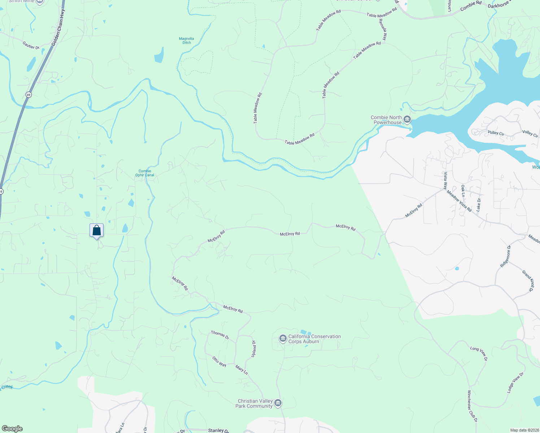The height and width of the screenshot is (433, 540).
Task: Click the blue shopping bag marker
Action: (96, 230)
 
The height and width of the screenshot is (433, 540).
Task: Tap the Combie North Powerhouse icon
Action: (407, 119)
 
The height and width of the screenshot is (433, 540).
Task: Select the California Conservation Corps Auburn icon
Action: (283, 338)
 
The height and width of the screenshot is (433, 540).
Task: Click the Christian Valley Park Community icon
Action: (278, 403)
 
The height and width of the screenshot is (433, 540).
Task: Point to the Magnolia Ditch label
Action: (187, 40)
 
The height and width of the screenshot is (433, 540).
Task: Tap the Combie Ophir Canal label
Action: (145, 173)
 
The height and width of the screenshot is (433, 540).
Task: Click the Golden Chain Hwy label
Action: (58, 27)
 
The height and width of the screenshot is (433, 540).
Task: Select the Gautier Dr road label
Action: (31, 45)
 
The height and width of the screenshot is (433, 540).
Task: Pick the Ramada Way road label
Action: (383, 29)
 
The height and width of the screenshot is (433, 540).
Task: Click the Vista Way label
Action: (445, 181)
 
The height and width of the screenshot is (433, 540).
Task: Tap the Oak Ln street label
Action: (463, 191)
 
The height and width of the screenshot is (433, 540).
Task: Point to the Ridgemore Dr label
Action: (505, 256)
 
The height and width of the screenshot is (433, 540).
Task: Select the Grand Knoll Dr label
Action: (527, 280)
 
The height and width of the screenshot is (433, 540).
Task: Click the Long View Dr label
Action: (479, 354)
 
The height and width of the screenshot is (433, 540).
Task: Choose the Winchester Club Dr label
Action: (472, 406)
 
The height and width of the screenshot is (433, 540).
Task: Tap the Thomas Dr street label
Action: (220, 335)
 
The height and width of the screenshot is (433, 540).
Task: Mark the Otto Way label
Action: (219, 362)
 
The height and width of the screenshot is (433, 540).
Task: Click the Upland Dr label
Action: (254, 349)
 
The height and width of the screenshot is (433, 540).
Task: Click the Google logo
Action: (12, 429)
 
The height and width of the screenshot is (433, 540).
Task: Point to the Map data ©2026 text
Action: (524, 430)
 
